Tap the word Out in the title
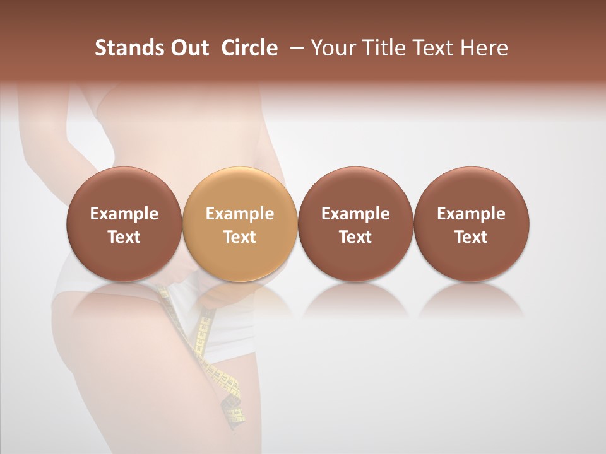[x=188, y=48]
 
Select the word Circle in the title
[x=249, y=48]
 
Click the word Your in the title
[x=333, y=48]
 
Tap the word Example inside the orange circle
[x=240, y=214]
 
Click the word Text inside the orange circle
[x=240, y=237]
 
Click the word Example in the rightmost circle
[x=471, y=214]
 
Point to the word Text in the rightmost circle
[x=471, y=237]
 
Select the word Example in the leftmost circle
[x=124, y=214]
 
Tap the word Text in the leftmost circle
[x=124, y=237]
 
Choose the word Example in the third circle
[x=355, y=214]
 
